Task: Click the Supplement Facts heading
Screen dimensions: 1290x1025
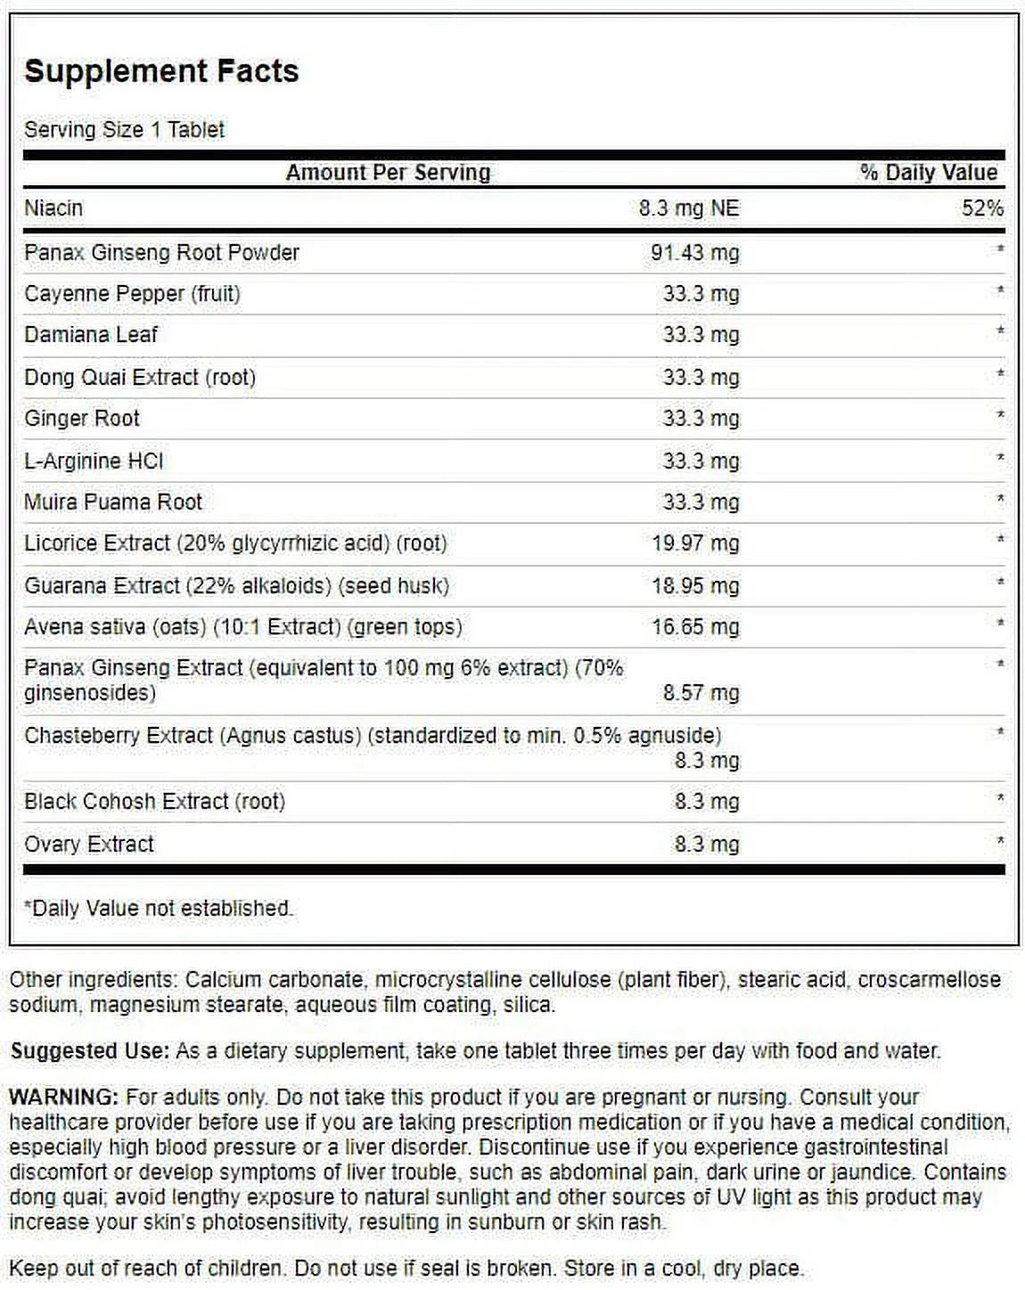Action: coord(161,71)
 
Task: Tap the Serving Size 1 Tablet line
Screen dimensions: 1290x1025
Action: coord(124,130)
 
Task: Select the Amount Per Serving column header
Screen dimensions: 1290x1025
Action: coord(388,173)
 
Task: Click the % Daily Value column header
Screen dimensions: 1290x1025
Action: coord(928,173)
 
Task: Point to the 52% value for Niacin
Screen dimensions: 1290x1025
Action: coord(982,208)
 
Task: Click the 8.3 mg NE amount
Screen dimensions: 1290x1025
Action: coord(688,208)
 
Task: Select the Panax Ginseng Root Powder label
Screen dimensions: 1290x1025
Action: coord(161,253)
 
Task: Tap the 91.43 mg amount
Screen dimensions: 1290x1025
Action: coord(694,253)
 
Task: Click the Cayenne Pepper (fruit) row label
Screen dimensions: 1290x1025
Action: coord(132,294)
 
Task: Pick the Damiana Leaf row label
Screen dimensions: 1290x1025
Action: coord(91,335)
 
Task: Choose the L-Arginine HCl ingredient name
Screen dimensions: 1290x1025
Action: coord(94,461)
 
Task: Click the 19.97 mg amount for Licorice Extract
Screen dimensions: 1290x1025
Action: coord(694,543)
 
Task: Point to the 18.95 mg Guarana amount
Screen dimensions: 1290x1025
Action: coord(694,586)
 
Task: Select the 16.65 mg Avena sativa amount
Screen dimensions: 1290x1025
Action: coord(694,627)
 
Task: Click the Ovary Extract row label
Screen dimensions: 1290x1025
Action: coord(89,845)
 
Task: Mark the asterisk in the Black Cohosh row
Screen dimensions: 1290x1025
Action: coord(1000,799)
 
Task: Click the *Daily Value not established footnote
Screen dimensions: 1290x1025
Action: coord(159,909)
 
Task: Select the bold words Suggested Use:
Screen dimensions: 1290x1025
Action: coord(89,1051)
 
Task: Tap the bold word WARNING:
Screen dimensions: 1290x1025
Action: coord(63,1098)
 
